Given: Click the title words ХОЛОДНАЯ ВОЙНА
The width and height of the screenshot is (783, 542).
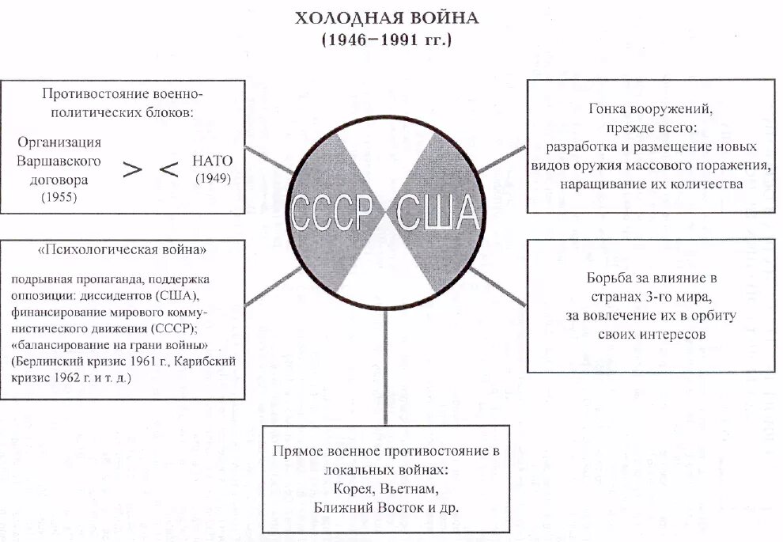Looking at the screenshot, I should pyautogui.click(x=387, y=17).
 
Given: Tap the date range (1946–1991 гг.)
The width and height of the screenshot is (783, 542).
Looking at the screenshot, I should pyautogui.click(x=387, y=40).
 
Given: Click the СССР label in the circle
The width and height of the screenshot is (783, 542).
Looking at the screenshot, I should pyautogui.click(x=332, y=212).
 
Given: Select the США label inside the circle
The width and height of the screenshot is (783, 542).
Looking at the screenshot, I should pyautogui.click(x=437, y=212).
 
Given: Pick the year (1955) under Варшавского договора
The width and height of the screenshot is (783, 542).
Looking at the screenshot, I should pyautogui.click(x=59, y=198).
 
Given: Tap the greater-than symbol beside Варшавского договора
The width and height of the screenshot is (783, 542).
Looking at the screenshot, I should pyautogui.click(x=134, y=169).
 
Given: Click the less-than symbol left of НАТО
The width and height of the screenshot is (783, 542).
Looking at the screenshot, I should pyautogui.click(x=170, y=169).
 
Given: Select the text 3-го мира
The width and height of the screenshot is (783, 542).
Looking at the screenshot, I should pyautogui.click(x=679, y=298).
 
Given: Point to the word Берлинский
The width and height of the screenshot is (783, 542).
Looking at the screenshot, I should pyautogui.click(x=45, y=362).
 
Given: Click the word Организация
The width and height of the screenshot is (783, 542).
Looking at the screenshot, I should pyautogui.click(x=60, y=142).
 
